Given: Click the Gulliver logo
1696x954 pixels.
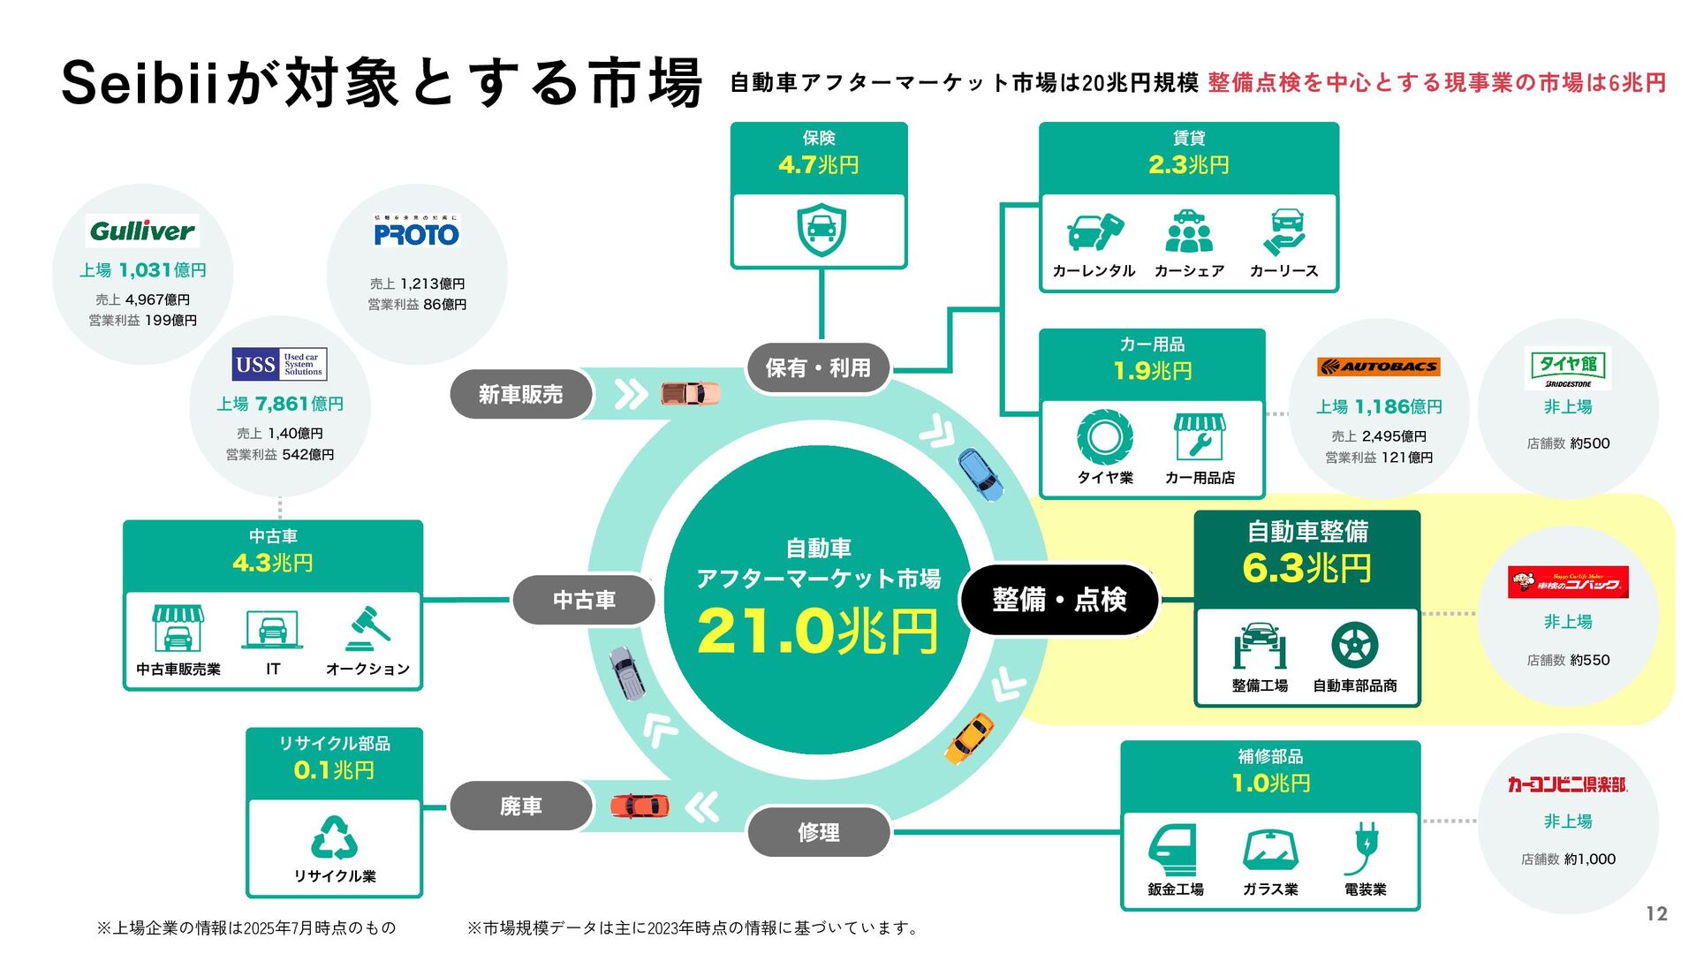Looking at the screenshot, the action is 142,231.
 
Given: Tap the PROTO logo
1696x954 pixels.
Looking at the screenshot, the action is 416,232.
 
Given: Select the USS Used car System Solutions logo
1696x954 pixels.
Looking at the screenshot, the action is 279,364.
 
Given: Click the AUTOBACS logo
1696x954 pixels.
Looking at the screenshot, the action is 1378,366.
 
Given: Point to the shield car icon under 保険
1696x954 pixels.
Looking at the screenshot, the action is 821,230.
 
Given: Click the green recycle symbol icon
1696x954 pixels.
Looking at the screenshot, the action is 334,838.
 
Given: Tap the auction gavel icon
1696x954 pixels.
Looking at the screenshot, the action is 368,628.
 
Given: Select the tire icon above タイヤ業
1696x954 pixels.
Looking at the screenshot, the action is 1104,437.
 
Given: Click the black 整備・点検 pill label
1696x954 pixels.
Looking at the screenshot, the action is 1059,600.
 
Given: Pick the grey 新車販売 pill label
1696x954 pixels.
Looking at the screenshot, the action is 520,394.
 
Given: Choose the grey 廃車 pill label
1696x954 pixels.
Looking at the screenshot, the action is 520,806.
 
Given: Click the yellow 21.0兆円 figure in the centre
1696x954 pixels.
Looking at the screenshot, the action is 817,632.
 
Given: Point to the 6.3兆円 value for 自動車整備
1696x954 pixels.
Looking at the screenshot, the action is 1306,568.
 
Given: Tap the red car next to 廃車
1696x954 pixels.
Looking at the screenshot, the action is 640,806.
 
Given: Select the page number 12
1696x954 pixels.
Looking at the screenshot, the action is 1656,914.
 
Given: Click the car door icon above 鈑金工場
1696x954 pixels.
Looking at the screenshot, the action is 1174,850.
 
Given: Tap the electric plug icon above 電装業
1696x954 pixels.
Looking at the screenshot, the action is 1365,848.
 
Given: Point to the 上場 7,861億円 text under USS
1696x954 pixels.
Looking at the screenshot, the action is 280,404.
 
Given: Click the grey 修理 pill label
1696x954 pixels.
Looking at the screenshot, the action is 818,832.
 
